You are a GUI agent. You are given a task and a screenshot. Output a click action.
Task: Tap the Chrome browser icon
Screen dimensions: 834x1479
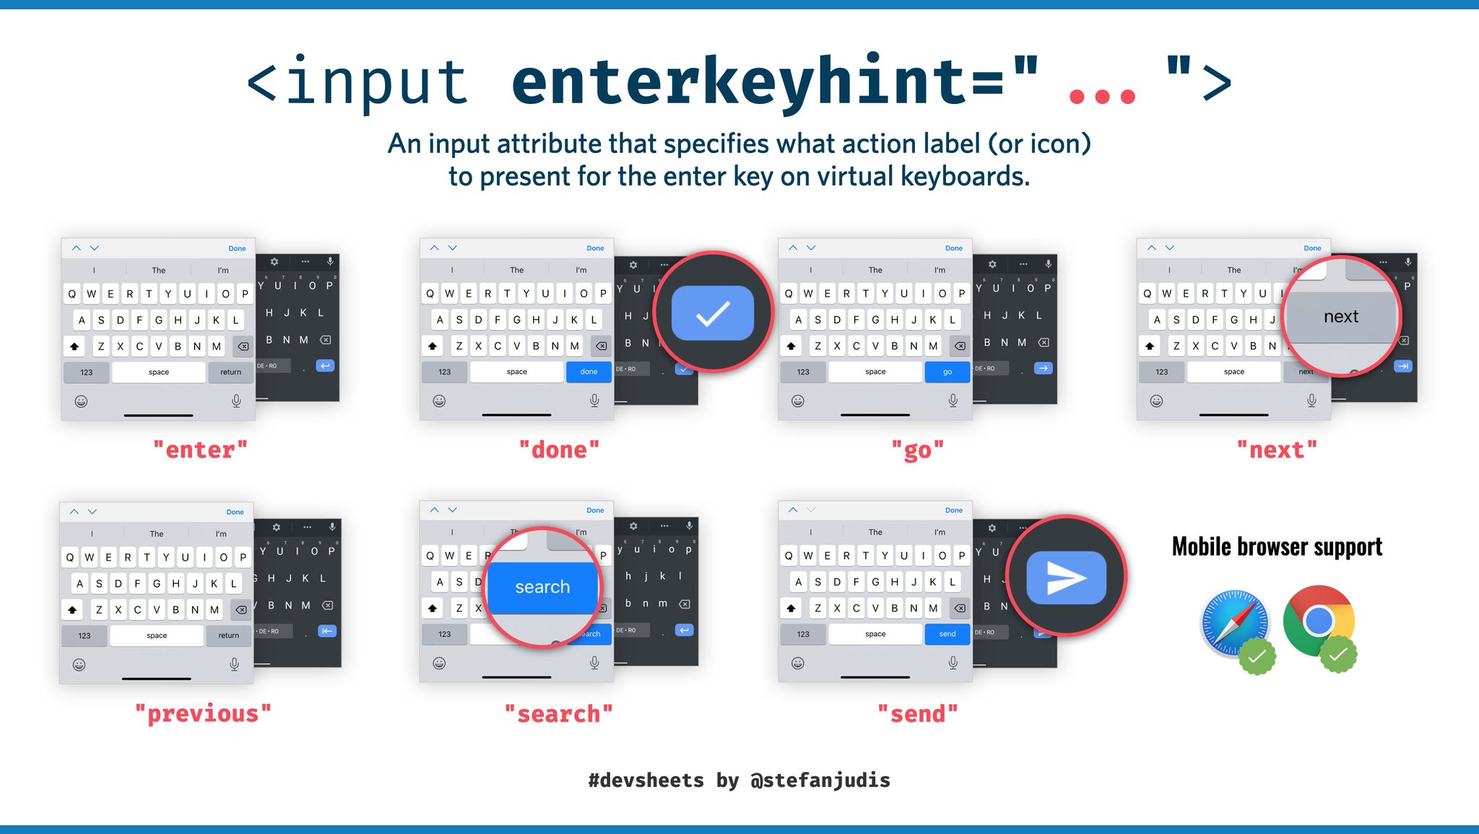point(1318,620)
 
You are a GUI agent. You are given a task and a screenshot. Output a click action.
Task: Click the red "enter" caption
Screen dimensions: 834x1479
point(200,450)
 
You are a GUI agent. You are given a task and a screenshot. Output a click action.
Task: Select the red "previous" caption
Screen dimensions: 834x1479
point(203,713)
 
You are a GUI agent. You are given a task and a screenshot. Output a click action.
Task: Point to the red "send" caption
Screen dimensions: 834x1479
point(917,713)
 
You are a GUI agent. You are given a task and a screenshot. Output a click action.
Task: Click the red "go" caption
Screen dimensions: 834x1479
point(917,450)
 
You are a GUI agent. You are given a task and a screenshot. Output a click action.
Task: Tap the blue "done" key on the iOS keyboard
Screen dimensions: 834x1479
point(589,372)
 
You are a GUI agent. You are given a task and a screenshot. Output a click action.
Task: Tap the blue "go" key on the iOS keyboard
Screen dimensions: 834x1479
point(947,372)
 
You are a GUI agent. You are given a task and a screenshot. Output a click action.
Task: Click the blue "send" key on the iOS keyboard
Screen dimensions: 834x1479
point(947,634)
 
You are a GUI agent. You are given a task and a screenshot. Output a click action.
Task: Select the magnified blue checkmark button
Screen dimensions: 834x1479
point(712,313)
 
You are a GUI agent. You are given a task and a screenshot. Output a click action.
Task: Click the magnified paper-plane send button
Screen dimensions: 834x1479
point(1066,578)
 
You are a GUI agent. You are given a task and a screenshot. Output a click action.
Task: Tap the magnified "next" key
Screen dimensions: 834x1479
point(1341,317)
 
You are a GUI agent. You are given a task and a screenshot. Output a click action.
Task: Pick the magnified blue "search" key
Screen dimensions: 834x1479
point(542,587)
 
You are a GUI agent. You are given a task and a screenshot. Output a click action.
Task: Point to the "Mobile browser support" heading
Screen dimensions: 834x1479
point(1277,547)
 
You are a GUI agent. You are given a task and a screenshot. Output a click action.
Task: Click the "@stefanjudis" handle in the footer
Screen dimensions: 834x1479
point(820,780)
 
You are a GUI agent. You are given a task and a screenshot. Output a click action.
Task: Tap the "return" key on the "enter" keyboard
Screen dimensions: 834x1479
point(230,373)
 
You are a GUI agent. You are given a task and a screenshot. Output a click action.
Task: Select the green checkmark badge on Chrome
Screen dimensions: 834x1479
point(1338,654)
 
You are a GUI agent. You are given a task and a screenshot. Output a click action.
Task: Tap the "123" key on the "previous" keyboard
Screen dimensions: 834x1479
point(84,636)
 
